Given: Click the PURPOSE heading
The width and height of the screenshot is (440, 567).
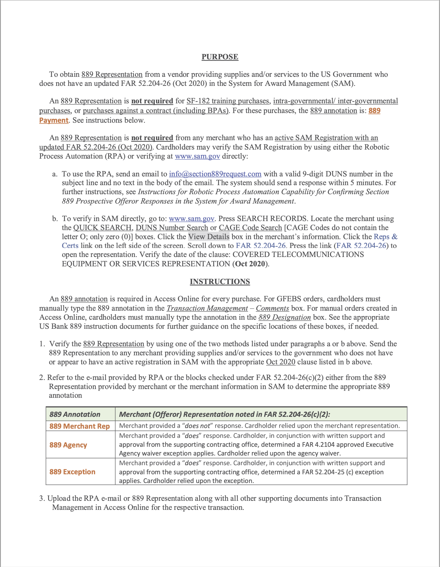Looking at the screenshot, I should point(220,57).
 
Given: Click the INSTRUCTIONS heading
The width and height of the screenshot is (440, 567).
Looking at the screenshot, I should point(220,282).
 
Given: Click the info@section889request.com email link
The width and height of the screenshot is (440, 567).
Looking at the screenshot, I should point(215,174).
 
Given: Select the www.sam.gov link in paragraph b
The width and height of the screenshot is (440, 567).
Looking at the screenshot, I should point(192,219).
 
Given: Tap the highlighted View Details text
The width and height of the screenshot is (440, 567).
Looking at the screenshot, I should point(209,237).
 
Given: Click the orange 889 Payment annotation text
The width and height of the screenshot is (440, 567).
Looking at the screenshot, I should point(54,120).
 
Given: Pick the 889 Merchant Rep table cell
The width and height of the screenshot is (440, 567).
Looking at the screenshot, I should point(80,426).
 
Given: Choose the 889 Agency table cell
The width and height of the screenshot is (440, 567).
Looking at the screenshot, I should point(68,445).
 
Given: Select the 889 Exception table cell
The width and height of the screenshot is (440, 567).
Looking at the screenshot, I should point(72,472).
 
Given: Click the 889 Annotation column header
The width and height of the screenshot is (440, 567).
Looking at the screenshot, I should point(75,414).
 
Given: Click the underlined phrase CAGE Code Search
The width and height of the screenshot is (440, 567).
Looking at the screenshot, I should point(250,228).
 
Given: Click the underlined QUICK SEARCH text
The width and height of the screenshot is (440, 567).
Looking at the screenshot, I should point(102,228).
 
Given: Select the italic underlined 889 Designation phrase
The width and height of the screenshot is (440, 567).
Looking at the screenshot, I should point(284,317).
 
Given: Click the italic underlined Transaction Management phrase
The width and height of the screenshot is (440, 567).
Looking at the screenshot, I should point(207,308).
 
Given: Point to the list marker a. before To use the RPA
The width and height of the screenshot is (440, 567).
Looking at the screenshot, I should point(55,174).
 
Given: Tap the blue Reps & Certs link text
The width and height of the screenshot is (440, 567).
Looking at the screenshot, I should point(385,237).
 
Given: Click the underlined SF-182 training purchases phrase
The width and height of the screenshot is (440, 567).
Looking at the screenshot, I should point(228,101).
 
